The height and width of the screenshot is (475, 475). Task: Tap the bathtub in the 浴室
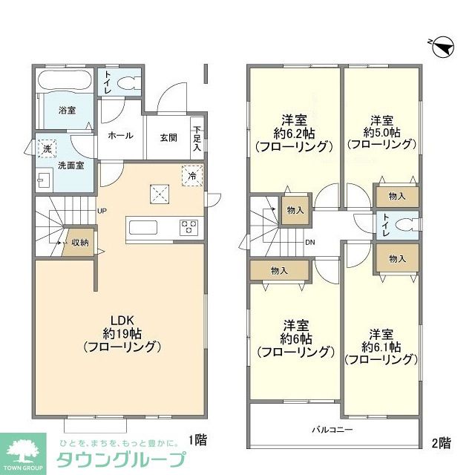pos(65,81)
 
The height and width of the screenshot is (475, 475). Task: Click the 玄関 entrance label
pos(168,137)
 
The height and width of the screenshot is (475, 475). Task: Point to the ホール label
pos(121,136)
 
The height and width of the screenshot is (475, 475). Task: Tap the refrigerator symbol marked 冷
pos(192,177)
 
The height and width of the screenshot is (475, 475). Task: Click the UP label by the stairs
pos(102,211)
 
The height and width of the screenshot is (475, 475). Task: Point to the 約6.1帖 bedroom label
pos(380,346)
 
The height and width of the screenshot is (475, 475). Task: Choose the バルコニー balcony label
pos(332,430)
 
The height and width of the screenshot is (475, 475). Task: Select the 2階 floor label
pos(440,442)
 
